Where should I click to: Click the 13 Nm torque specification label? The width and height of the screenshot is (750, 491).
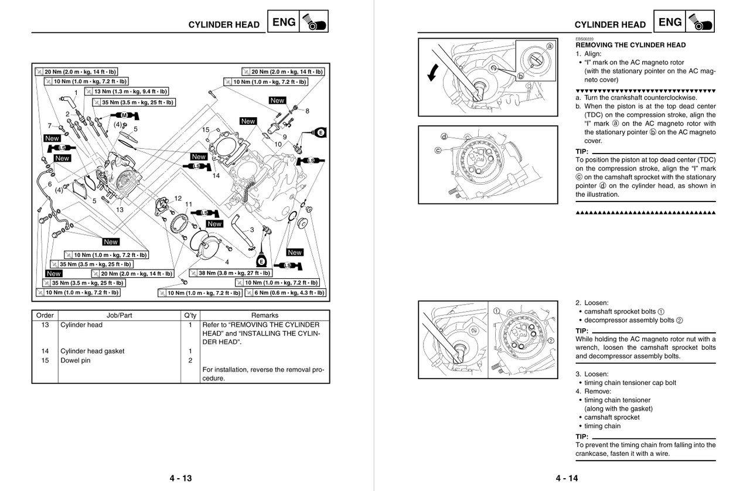coord(126,91)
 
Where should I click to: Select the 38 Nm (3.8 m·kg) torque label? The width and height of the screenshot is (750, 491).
coord(230,273)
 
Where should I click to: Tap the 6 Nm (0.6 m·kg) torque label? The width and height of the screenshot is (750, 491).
coord(285,292)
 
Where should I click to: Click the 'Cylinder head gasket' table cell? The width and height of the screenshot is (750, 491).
coord(93,351)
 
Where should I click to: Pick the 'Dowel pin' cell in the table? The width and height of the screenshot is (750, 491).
coord(76,360)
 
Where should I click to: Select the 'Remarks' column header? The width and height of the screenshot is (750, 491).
coord(264,315)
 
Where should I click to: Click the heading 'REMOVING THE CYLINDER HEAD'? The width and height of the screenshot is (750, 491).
coord(630,45)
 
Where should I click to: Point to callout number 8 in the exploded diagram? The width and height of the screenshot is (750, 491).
coord(306,111)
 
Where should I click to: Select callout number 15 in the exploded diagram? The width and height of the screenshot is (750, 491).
coord(206,129)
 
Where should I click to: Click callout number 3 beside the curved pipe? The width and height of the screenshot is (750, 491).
coord(252,230)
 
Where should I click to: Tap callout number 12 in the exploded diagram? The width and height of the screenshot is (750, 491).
coord(178,198)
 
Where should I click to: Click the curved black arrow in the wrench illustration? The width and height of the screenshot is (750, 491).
coord(433,72)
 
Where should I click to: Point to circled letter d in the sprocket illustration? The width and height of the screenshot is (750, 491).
coord(444,137)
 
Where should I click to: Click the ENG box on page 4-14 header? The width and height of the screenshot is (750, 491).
coord(670,23)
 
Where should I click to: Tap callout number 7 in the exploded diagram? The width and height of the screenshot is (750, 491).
coord(49,125)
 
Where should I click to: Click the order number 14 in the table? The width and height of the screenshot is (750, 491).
coord(45,351)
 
